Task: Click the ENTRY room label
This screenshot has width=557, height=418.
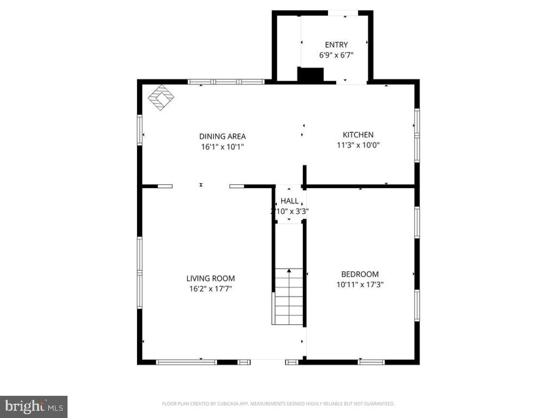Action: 336,45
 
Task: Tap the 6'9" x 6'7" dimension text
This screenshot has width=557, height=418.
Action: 336,55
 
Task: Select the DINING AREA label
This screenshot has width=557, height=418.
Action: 222,136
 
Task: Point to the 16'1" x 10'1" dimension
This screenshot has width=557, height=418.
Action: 222,147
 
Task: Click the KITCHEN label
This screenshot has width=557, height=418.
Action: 358,135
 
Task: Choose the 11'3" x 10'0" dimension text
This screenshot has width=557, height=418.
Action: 358,145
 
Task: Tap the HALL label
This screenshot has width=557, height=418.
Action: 289,201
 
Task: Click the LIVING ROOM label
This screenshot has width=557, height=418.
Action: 211,278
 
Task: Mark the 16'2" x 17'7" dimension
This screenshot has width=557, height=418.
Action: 211,289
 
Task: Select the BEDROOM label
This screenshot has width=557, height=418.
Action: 360,274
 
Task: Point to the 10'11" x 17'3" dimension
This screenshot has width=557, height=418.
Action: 360,285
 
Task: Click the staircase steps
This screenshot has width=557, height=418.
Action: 289,297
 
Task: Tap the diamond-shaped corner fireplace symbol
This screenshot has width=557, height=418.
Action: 161,98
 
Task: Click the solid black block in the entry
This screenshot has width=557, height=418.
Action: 310,75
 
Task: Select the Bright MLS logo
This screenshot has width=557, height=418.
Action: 34,406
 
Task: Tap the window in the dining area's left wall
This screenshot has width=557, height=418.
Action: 140,129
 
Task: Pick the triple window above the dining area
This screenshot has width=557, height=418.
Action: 226,82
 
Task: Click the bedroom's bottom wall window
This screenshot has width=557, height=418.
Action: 371,362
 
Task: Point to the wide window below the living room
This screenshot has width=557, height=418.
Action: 187,362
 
